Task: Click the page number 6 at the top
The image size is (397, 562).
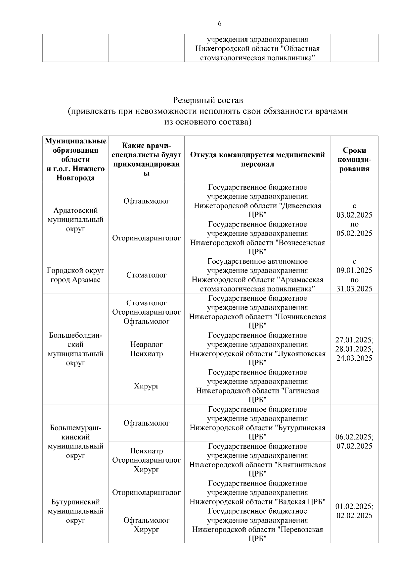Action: (220, 24)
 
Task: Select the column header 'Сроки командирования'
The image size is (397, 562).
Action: (354, 159)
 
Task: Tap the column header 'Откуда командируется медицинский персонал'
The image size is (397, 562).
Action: (257, 159)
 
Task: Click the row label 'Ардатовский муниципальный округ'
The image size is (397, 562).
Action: (75, 220)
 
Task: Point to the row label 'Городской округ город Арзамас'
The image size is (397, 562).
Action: (75, 275)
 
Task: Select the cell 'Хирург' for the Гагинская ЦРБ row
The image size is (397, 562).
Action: (146, 386)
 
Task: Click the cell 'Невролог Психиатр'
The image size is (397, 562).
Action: (146, 349)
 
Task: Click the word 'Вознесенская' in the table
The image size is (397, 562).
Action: (302, 243)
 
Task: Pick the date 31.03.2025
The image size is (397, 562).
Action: (354, 289)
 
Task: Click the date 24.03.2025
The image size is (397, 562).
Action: (354, 358)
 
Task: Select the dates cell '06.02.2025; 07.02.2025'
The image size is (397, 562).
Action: (354, 441)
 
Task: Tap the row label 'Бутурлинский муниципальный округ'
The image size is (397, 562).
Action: (75, 511)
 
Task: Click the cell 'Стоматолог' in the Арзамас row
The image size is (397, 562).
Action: (146, 275)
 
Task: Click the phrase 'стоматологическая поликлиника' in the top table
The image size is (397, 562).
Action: (257, 58)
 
